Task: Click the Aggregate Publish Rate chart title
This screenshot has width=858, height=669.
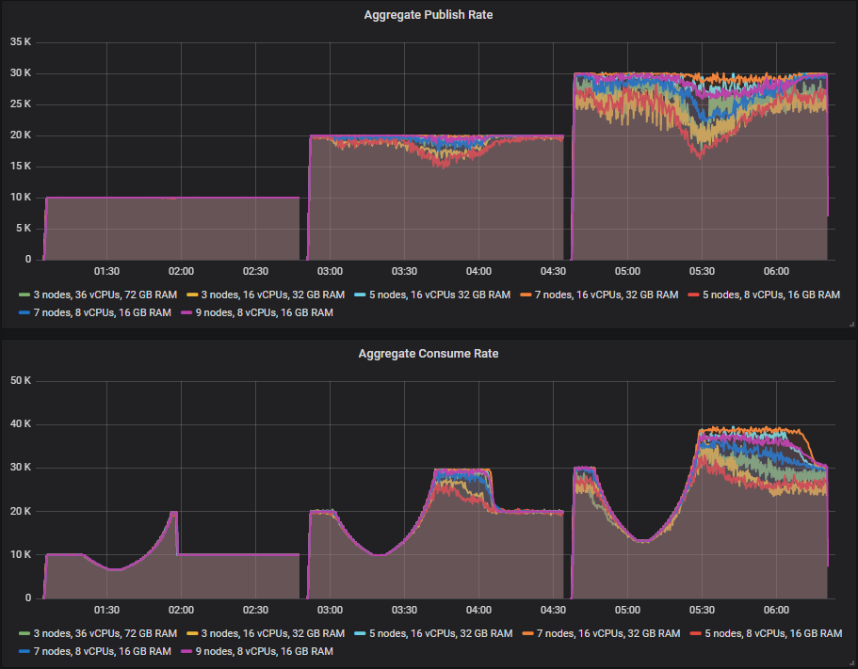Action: [x=429, y=15]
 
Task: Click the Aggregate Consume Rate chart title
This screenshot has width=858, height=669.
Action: [x=429, y=354]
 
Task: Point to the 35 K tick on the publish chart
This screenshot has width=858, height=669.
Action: [x=21, y=42]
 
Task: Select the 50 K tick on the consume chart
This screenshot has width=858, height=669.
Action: [x=21, y=380]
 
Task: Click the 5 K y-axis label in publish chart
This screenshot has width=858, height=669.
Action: [x=24, y=229]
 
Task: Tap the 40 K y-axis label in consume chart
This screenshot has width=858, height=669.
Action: [x=21, y=424]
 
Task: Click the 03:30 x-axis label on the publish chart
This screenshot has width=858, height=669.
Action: [x=404, y=271]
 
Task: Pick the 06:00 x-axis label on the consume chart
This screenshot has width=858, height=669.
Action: [x=775, y=610]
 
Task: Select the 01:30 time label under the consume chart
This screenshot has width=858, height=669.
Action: [x=106, y=610]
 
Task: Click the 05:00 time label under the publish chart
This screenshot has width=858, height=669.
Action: [x=626, y=271]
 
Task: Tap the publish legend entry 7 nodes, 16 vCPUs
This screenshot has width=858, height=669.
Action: [x=600, y=295]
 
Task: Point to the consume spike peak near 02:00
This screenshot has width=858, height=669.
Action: [x=173, y=512]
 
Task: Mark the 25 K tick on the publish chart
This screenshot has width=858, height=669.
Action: [x=21, y=104]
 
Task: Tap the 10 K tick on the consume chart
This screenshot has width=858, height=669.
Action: [x=21, y=555]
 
